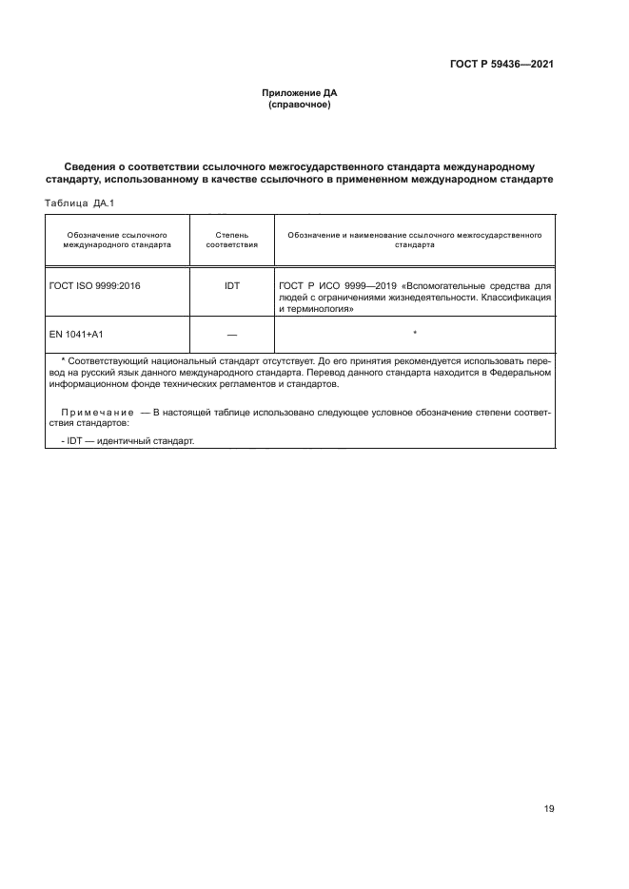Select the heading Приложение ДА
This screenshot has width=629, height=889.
[x=300, y=93]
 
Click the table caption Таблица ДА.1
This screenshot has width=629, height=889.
[x=80, y=203]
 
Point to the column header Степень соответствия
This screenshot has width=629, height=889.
[x=232, y=239]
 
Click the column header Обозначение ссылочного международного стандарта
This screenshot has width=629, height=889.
[x=117, y=239]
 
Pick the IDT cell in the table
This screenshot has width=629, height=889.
[x=232, y=284]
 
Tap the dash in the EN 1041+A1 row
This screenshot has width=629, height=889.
[x=232, y=334]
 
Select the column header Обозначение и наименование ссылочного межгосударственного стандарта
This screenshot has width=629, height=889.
[x=415, y=239]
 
